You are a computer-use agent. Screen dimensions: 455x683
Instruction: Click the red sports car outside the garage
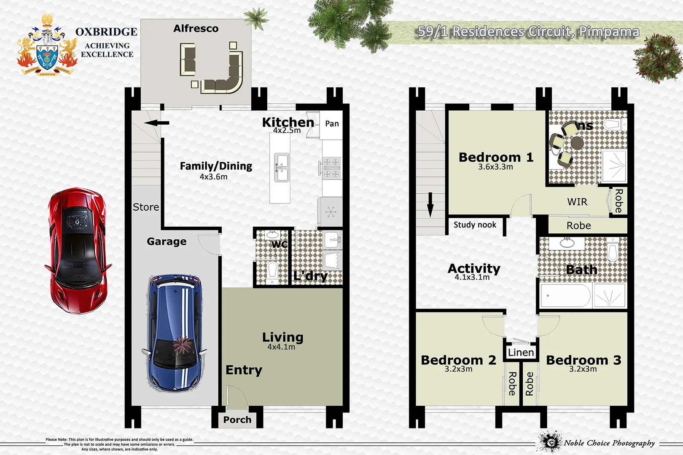[x=78, y=251]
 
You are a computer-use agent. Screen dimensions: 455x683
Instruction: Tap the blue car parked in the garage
[x=175, y=333]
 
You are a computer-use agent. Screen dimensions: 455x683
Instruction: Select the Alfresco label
[x=196, y=29]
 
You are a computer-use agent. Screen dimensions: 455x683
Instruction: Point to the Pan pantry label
[x=332, y=123]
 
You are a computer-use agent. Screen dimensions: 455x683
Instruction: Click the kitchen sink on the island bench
[x=282, y=167]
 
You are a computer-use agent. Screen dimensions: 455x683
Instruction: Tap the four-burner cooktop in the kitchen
[x=331, y=168]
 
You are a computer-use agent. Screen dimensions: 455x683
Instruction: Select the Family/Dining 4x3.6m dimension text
[x=213, y=177]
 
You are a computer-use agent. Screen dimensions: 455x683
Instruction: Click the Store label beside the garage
[x=146, y=207]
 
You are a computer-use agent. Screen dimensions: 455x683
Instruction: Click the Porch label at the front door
[x=237, y=420]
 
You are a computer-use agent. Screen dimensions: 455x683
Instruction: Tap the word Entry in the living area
[x=244, y=370]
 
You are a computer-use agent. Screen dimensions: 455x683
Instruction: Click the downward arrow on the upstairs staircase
[x=430, y=204]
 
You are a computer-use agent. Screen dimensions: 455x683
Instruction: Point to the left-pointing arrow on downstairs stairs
[x=156, y=123]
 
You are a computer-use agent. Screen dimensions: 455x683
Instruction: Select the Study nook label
[x=475, y=225]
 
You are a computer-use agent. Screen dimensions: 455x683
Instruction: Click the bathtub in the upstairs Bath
[x=565, y=295]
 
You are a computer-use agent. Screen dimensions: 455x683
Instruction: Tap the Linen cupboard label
[x=521, y=352]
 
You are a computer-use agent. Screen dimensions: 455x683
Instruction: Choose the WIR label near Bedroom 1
[x=577, y=202]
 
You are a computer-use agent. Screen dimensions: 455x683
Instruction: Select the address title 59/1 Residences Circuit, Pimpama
[x=528, y=32]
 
